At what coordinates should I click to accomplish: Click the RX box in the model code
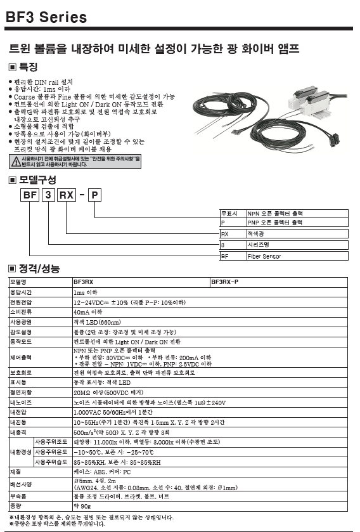coord(67,195)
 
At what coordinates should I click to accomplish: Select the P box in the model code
coord(94,195)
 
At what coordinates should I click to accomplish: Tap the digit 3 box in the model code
coord(48,195)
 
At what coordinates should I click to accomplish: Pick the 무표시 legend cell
coord(229,214)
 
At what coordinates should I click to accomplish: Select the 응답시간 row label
coord(21,293)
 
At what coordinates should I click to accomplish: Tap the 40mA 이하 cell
coord(87,313)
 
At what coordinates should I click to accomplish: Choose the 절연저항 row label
coord(21,393)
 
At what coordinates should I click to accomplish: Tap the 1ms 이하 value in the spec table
coord(86,293)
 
